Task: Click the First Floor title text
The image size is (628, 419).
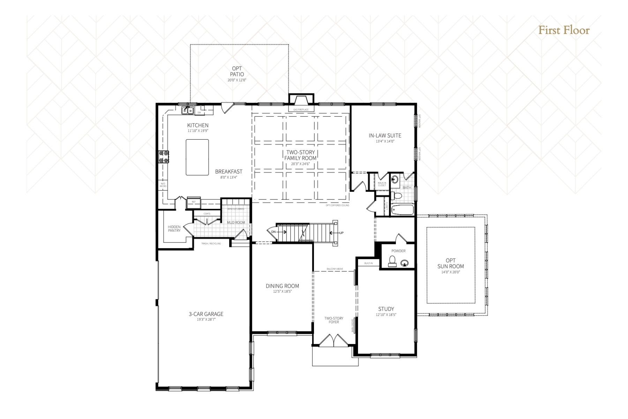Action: [x=563, y=30]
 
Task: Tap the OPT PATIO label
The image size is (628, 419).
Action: [x=237, y=72]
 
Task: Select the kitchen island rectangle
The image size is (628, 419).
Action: [x=197, y=157]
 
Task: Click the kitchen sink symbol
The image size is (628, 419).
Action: [x=187, y=111]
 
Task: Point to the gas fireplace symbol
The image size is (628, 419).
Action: [x=301, y=102]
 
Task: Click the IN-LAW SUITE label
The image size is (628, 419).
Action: [x=385, y=135]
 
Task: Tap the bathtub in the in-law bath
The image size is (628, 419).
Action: [x=402, y=210]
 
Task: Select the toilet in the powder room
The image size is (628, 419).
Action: [x=392, y=261]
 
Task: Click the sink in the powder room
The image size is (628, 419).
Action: [x=405, y=263]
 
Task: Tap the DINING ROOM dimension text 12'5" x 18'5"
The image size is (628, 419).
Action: [x=282, y=291]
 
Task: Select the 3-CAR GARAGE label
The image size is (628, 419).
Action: [x=206, y=314]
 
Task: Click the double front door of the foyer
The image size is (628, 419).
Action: [x=334, y=340]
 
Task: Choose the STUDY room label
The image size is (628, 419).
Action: [x=386, y=309]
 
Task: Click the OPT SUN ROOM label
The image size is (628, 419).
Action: [x=450, y=263]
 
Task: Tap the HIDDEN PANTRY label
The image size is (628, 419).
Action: [x=174, y=229]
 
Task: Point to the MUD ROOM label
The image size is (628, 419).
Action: [x=236, y=222]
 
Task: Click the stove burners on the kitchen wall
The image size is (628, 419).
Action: [x=164, y=157]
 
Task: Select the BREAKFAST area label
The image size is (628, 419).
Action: [x=229, y=171]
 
